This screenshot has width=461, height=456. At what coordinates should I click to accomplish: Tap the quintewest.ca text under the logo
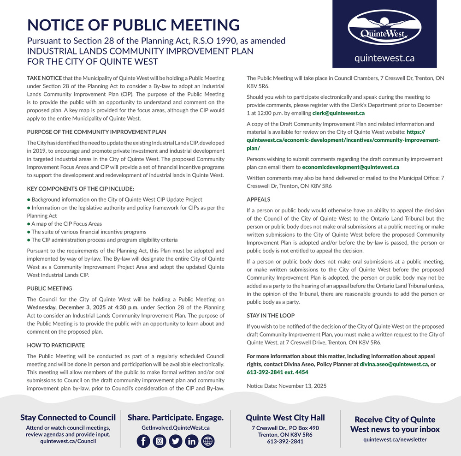coord(384,58)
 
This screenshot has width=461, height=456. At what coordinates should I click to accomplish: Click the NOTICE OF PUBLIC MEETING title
coord(133,25)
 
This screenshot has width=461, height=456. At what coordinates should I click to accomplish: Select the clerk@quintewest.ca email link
coord(338,113)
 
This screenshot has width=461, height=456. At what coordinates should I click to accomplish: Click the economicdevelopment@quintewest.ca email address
coord(351,167)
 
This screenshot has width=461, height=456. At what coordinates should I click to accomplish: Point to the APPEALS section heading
coord(259,200)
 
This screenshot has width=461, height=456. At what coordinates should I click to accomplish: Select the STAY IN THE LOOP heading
coord(271,316)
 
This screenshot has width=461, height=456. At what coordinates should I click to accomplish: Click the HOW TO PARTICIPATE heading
coord(56,345)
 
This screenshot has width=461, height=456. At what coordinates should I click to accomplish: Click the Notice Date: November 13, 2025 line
coord(286,386)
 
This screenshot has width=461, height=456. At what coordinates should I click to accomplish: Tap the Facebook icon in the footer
coord(143,441)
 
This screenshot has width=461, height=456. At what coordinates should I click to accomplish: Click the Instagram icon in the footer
coord(160,441)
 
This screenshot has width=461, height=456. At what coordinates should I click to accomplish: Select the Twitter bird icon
coord(176,441)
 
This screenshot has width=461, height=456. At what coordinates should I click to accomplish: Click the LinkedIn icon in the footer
coord(192,441)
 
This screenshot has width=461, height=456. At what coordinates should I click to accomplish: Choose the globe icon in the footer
coord(208,441)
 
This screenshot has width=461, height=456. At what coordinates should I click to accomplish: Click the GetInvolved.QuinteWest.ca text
coord(175,428)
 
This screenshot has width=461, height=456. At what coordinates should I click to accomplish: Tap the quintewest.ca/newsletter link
coord(395,439)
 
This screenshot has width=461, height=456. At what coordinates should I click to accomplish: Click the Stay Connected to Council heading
coord(68,418)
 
